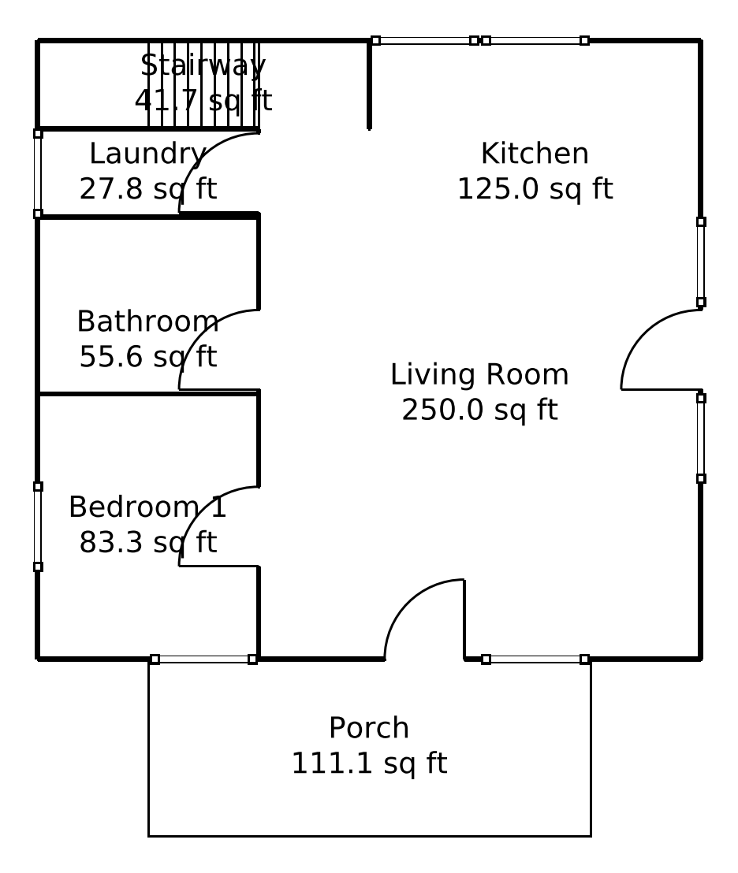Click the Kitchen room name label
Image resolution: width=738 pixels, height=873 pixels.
[535, 154]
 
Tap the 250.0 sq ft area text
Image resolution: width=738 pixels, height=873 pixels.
[479, 410]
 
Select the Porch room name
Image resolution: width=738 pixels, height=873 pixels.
[369, 728]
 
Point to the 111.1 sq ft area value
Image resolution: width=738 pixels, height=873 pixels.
[369, 764]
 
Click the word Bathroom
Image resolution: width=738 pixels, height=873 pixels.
[147, 321]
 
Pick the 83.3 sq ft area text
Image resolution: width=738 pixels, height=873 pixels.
[147, 543]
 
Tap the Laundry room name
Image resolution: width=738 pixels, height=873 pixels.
[147, 154]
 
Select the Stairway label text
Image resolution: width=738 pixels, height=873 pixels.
[203, 65]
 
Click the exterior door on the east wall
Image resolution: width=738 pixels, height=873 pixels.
[650, 339]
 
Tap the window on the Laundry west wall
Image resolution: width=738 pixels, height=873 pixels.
[38, 173]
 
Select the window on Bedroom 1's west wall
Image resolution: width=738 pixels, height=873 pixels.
[38, 526]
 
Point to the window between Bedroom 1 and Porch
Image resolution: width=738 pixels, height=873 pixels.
[203, 659]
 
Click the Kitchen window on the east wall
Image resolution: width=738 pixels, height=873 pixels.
[701, 262]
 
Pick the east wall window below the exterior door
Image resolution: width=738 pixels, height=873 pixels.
[701, 438]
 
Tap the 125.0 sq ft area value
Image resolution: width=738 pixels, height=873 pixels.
[535, 190]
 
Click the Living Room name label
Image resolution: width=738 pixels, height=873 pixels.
[479, 375]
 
